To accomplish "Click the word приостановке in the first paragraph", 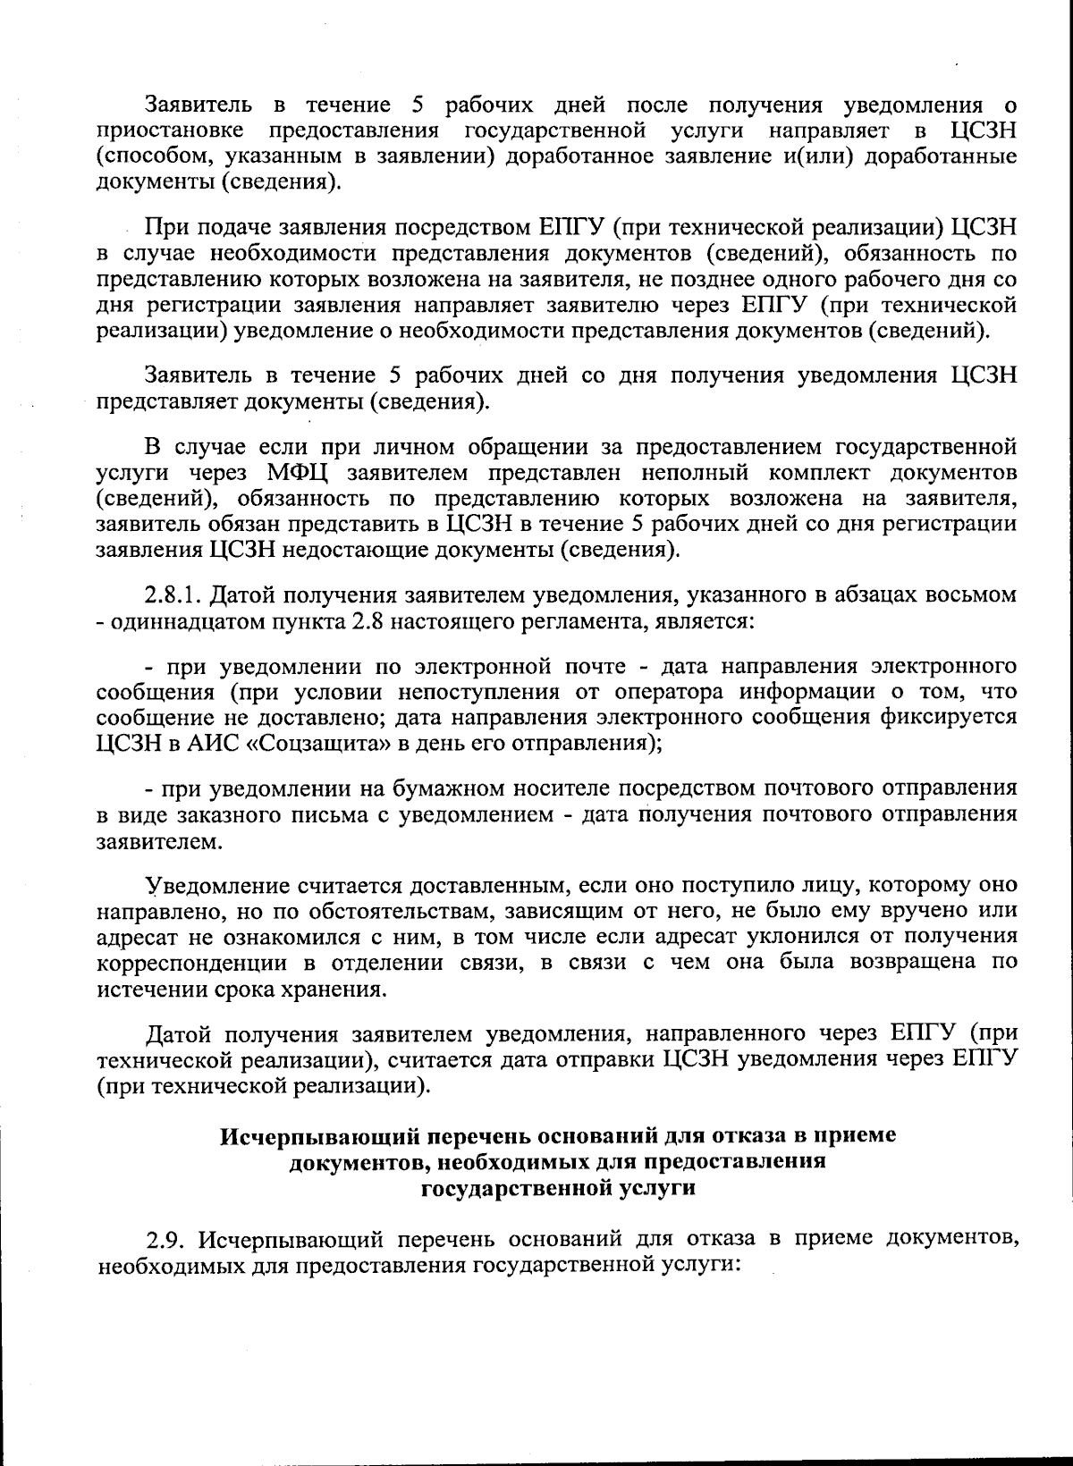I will (170, 131).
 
